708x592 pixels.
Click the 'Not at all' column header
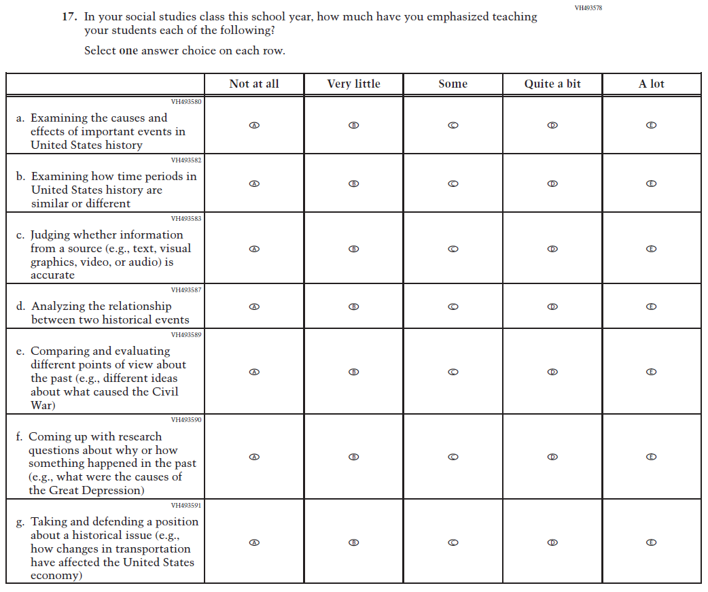[254, 84]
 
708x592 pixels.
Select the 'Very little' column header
[353, 84]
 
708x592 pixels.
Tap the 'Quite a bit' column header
[552, 84]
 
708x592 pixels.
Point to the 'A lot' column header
[651, 84]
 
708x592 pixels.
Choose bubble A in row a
[254, 126]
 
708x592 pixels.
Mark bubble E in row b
[651, 184]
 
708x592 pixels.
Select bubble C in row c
[453, 249]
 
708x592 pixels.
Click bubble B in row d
[353, 307]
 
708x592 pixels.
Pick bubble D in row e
[552, 372]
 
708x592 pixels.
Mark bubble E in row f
[651, 457]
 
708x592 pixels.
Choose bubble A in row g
[254, 542]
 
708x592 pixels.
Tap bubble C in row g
[453, 542]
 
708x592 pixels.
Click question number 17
[69, 17]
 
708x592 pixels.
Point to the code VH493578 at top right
[588, 8]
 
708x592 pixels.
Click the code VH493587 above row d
[185, 290]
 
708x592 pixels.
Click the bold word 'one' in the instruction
[128, 51]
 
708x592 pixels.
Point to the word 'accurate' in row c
[52, 275]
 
